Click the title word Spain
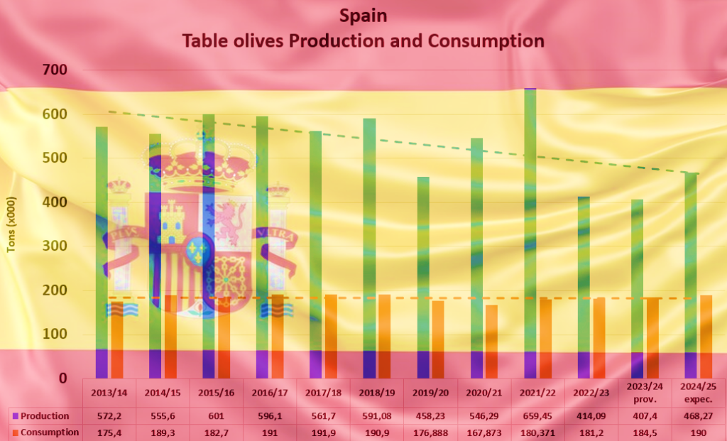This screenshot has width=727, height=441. [x=363, y=16]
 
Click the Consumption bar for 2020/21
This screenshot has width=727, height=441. [x=491, y=341]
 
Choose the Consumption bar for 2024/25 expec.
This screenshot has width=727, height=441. [x=706, y=336]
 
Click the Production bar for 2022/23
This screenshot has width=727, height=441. [x=584, y=287]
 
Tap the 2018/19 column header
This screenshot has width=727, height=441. [x=376, y=391]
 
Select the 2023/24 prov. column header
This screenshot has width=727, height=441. [x=643, y=391]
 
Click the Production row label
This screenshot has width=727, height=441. [x=45, y=416]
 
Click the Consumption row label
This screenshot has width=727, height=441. [x=49, y=432]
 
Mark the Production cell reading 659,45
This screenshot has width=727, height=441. [x=537, y=416]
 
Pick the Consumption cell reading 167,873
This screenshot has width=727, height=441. [x=483, y=432]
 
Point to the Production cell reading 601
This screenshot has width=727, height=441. [x=216, y=416]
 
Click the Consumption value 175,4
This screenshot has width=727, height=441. [x=109, y=432]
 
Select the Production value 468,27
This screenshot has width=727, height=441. [x=697, y=416]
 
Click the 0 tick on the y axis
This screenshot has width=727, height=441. [x=63, y=379]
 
